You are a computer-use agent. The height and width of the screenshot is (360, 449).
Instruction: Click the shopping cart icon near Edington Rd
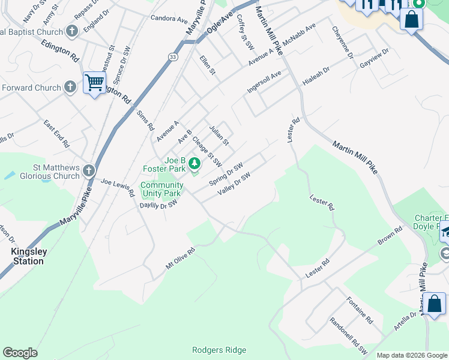tap(94, 82)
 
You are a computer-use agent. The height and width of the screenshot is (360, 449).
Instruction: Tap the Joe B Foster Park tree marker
tap(194, 163)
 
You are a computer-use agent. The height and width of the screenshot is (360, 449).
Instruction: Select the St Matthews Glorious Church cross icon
tap(89, 171)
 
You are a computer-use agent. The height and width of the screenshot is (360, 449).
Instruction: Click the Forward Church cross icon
tap(70, 88)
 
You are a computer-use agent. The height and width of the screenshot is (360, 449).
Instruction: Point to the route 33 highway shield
tap(173, 56)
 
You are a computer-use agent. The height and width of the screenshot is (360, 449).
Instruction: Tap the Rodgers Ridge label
tap(218, 350)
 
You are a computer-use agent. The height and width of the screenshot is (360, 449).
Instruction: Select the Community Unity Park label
tap(161, 190)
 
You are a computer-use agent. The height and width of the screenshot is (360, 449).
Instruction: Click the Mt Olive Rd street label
tap(181, 259)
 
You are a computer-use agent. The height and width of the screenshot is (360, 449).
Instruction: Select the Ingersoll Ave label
tap(264, 82)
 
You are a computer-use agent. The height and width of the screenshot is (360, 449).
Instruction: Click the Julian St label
tap(218, 135)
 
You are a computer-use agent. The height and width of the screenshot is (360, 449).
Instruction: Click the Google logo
tap(20, 353)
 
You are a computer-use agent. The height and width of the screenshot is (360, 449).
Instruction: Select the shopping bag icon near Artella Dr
tap(434, 304)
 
